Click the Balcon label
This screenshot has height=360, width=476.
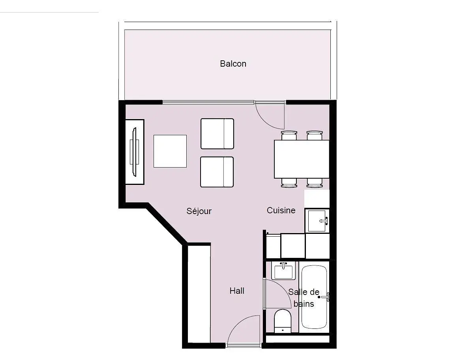click(233, 63)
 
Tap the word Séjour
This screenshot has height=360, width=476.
click(199, 211)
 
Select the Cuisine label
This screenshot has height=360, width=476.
click(281, 210)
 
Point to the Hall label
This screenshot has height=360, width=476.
click(237, 291)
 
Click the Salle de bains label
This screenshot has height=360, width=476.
click(303, 298)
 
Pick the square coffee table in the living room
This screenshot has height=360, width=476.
click(170, 151)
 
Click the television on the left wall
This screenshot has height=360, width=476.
click(134, 151)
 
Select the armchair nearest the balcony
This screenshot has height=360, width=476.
click(217, 134)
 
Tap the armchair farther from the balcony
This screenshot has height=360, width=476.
click(217, 172)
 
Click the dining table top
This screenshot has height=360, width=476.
click(302, 159)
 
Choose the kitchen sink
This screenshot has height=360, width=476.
click(317, 220)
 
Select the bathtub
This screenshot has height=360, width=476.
click(314, 297)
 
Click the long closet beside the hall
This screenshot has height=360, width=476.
click(199, 293)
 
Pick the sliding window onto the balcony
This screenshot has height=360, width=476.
click(208, 102)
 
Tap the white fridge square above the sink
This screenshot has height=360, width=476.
click(317, 198)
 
